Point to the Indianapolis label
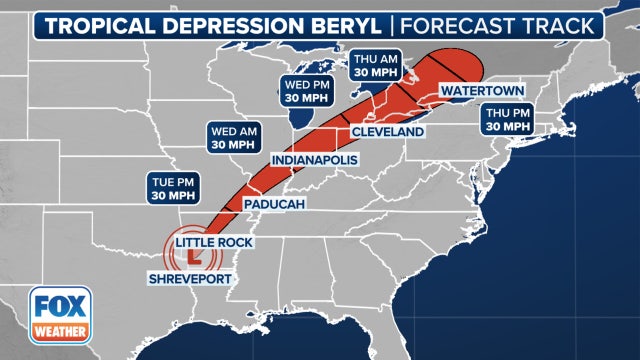click(x=315, y=160)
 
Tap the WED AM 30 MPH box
click(x=233, y=137)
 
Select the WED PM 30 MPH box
click(x=301, y=91)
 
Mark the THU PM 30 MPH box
click(x=507, y=120)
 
